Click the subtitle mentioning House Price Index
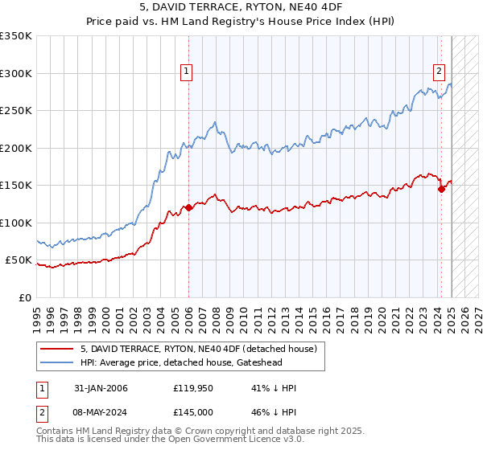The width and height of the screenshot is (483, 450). (241, 23)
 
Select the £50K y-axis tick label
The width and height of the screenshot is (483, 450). (19, 260)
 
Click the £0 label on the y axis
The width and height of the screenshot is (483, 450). (26, 298)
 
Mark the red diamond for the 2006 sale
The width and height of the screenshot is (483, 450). (189, 207)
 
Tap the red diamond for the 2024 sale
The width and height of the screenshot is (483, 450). (441, 189)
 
